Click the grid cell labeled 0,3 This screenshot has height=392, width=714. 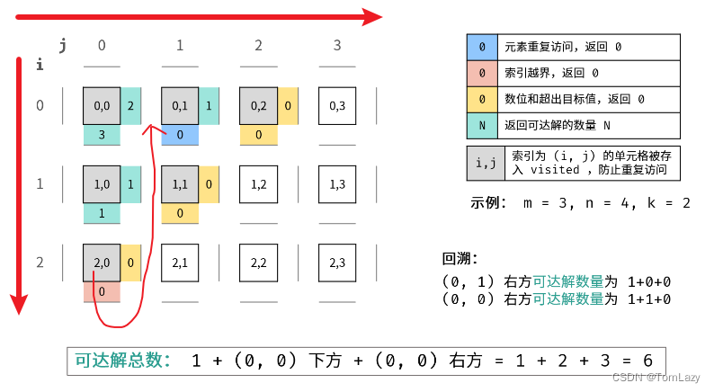click(337, 106)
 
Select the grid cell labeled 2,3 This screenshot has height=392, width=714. click(337, 263)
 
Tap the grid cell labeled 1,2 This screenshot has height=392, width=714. click(259, 184)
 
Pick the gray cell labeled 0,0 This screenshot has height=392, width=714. click(102, 106)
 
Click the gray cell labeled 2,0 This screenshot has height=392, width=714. click(102, 263)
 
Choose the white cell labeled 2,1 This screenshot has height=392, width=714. click(180, 263)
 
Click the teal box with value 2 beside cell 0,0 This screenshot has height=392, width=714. click(131, 106)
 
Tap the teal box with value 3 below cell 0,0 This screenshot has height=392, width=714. click(102, 135)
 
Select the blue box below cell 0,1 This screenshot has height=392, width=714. click(180, 135)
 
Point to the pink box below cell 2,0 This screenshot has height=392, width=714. click(102, 291)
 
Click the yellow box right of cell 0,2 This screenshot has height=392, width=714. click(288, 106)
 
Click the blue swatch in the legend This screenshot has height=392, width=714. click(483, 47)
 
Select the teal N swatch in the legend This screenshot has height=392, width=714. click(483, 125)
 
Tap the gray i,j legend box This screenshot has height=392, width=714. click(486, 163)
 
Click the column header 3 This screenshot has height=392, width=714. click(337, 45)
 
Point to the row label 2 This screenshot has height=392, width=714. click(40, 263)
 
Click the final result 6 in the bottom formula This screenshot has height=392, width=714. click(647, 361)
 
